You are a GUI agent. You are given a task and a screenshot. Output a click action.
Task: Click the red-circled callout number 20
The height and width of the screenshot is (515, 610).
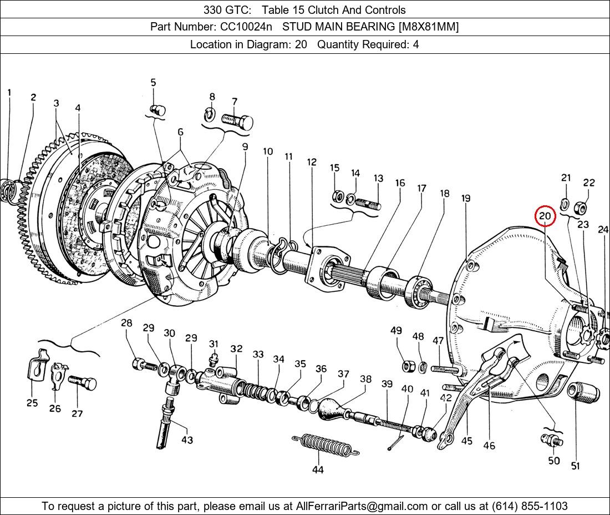tap(545, 216)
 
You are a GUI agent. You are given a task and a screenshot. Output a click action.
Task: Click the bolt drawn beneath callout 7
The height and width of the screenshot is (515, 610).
tap(237, 120)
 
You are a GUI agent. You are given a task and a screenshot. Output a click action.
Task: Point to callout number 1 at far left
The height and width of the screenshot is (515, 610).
tap(9, 92)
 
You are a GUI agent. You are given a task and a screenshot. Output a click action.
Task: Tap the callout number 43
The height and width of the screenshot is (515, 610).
tap(187, 440)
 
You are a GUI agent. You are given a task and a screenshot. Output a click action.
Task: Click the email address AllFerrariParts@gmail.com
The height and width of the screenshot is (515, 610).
tap(362, 506)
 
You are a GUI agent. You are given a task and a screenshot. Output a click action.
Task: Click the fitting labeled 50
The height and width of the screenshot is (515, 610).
tap(552, 441)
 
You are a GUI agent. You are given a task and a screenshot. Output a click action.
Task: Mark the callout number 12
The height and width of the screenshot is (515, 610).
tap(312, 162)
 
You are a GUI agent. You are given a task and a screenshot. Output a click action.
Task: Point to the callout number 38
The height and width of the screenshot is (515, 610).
tap(365, 380)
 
